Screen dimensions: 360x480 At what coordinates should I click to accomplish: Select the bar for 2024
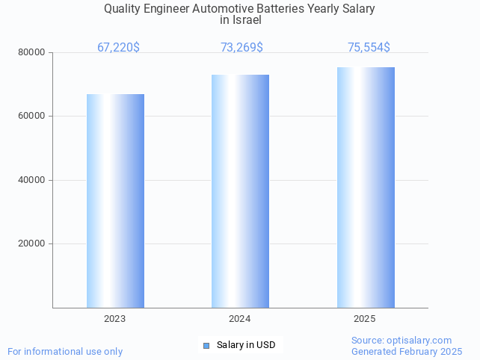pyautogui.click(x=240, y=190)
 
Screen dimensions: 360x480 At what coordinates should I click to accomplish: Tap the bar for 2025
pyautogui.click(x=366, y=187)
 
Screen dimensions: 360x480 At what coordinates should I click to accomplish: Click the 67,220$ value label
pyautogui.click(x=118, y=48)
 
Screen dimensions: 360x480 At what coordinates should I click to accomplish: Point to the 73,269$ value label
pyautogui.click(x=241, y=48)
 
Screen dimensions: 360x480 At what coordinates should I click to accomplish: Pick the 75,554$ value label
pyautogui.click(x=369, y=48)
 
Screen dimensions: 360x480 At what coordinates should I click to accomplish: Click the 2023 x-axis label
pyautogui.click(x=115, y=319)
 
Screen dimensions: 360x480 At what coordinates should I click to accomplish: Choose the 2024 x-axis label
pyautogui.click(x=240, y=319)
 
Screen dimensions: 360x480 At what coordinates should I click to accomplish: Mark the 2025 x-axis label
pyautogui.click(x=365, y=319)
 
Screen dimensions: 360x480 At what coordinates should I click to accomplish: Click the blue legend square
pyautogui.click(x=206, y=345)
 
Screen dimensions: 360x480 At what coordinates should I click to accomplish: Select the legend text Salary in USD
pyautogui.click(x=246, y=345)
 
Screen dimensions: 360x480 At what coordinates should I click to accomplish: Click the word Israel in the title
pyautogui.click(x=241, y=20)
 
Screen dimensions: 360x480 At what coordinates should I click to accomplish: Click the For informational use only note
pyautogui.click(x=65, y=351)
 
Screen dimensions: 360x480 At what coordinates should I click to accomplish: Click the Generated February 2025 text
pyautogui.click(x=407, y=351)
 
